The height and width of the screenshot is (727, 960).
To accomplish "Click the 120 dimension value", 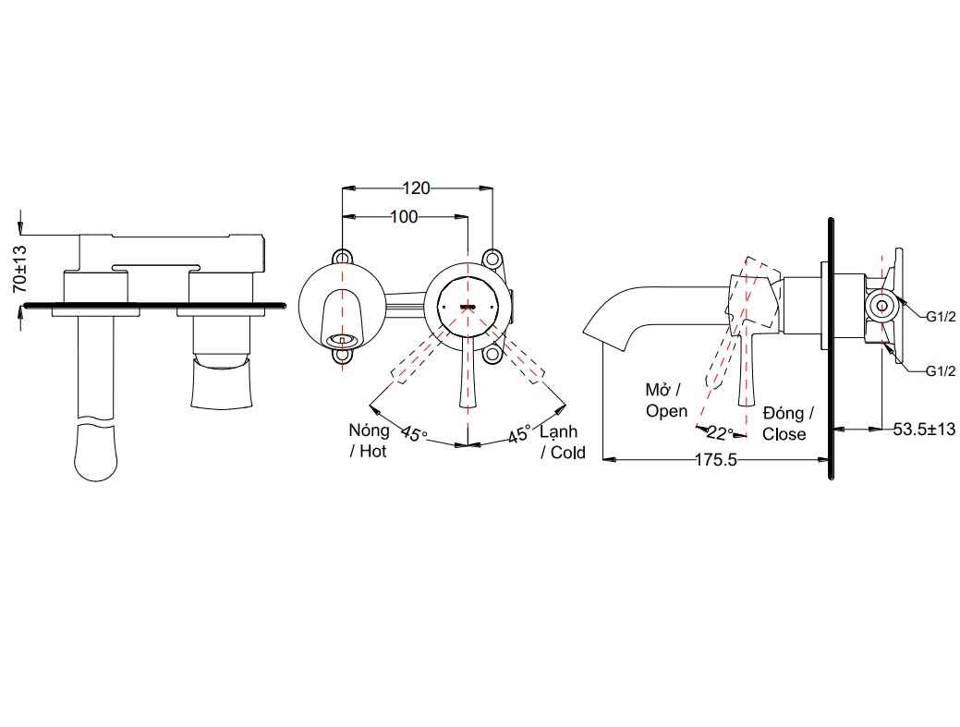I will pos(416,188).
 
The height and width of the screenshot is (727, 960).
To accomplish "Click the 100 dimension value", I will pos(403,217).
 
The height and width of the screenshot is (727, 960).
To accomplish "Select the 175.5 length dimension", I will pos(712,460).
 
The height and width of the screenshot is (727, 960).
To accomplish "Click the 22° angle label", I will pos(719,431).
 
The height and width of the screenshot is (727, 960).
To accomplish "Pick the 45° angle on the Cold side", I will pos(517,432).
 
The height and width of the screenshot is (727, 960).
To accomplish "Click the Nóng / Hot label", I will pos(368,441).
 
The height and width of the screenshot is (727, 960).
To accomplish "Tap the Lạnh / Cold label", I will pos(562,442).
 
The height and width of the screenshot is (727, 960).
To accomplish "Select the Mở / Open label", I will pos(666,400).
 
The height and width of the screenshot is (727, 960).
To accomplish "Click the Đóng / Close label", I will pos(786,423).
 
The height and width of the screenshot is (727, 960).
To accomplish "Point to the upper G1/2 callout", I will pos(940,316).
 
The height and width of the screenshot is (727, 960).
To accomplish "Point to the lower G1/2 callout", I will pos(940,371).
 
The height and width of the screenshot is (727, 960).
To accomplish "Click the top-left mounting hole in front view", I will pos(343,256).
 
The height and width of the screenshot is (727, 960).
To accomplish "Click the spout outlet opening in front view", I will pos(343,339).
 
